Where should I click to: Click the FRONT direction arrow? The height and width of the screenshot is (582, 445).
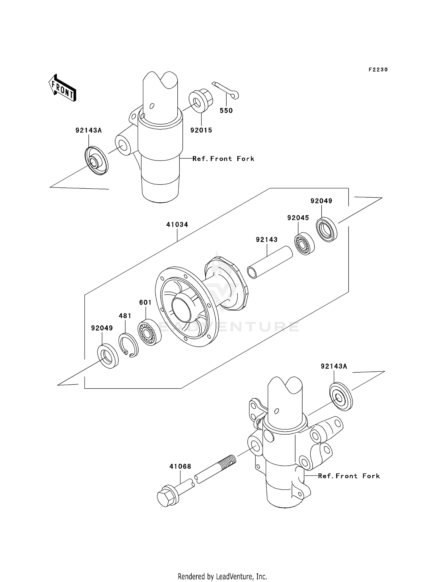point(63,88)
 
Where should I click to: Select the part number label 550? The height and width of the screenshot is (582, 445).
point(226,111)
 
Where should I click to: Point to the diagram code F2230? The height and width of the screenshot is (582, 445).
point(378,70)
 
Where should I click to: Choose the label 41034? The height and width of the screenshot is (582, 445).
point(177,225)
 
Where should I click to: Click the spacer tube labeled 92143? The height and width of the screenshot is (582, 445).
point(270,262)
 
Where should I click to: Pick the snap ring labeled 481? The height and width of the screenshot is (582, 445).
point(128,345)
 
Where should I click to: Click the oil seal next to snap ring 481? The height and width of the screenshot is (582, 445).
point(108,356)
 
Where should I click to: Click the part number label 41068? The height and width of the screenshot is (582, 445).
point(180,467)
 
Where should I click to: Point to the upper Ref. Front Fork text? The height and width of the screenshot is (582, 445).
point(223,159)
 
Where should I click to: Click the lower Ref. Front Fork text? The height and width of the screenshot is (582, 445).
point(349,476)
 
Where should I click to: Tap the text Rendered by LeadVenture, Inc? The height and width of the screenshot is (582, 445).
point(222,568)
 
